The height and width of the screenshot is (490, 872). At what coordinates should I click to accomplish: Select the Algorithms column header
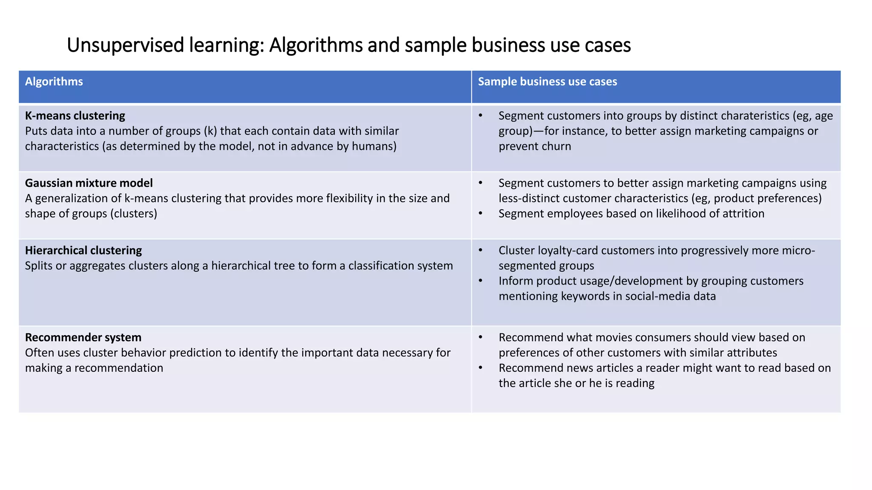54,82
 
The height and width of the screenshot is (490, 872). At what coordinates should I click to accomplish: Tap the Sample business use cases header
547,82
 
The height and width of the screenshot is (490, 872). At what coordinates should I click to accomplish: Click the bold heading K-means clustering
75,116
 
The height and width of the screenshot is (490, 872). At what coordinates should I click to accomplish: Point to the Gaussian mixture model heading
89,183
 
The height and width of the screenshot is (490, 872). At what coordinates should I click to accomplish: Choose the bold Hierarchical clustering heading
83,250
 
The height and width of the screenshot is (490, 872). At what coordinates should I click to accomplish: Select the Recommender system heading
83,337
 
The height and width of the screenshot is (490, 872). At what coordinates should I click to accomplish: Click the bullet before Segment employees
480,214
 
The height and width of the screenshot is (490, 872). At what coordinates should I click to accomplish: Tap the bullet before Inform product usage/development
480,281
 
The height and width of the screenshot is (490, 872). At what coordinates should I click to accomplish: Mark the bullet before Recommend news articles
480,368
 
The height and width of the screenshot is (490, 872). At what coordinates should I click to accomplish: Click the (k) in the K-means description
210,131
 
